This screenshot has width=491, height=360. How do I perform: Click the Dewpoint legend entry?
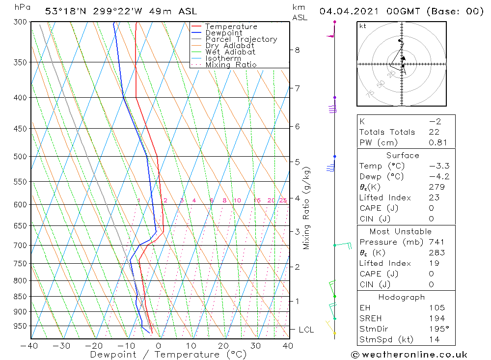pos(223,33)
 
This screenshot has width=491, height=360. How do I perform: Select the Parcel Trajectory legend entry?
pos(241,39)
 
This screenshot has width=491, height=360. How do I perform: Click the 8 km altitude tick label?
pos(297,50)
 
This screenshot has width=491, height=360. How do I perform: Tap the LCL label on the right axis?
pos(306,330)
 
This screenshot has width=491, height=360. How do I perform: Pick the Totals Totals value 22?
pos(434,132)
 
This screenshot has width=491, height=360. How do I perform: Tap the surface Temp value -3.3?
pos(439,166)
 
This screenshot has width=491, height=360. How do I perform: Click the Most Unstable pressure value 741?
pos(436,242)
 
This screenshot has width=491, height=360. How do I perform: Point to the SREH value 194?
pos(436,318)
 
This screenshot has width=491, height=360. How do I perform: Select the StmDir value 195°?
pos(436,329)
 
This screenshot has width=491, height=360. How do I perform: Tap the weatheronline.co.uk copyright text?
pos(409,355)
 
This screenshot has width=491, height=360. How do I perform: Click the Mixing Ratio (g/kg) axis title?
pos(307,208)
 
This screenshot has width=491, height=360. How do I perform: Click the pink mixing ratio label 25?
pos(283,200)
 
